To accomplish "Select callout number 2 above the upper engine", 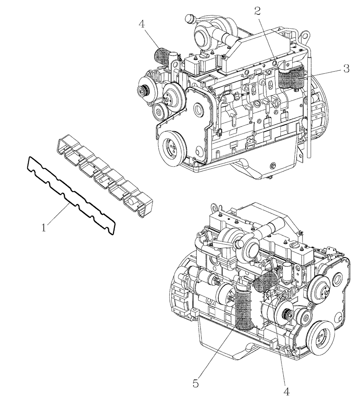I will [x=258, y=11].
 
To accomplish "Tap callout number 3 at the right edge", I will [x=346, y=69].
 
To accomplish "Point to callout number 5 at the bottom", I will [x=196, y=384].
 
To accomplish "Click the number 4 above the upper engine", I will [x=141, y=24].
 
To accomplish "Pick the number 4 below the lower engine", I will [x=286, y=392].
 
